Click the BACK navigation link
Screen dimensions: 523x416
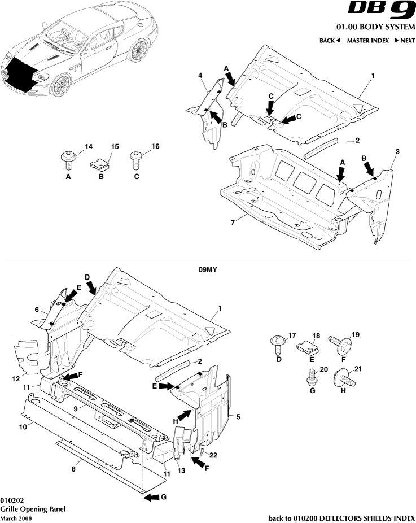click(330, 41)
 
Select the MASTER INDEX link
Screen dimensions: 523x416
click(367, 41)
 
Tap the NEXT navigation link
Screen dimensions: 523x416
click(405, 41)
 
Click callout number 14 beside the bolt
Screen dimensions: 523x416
click(89, 147)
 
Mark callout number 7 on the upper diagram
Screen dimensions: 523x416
click(232, 223)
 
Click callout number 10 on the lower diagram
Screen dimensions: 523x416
click(23, 428)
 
